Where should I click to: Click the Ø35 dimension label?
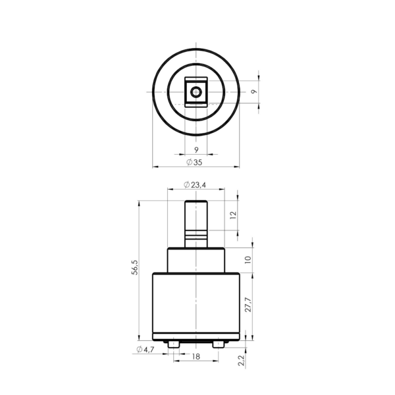coord(194,162)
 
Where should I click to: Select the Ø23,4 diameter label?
coord(195,185)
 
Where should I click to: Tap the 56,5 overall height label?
coord(135,267)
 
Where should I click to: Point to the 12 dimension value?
coord(234,215)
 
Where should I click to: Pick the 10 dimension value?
coord(248,260)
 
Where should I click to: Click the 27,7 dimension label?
coord(248,305)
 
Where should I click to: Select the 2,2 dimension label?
coord(242,360)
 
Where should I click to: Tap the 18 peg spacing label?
coord(196,356)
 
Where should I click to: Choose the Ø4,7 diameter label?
coord(145,350)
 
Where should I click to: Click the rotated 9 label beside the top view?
coord(254,92)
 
